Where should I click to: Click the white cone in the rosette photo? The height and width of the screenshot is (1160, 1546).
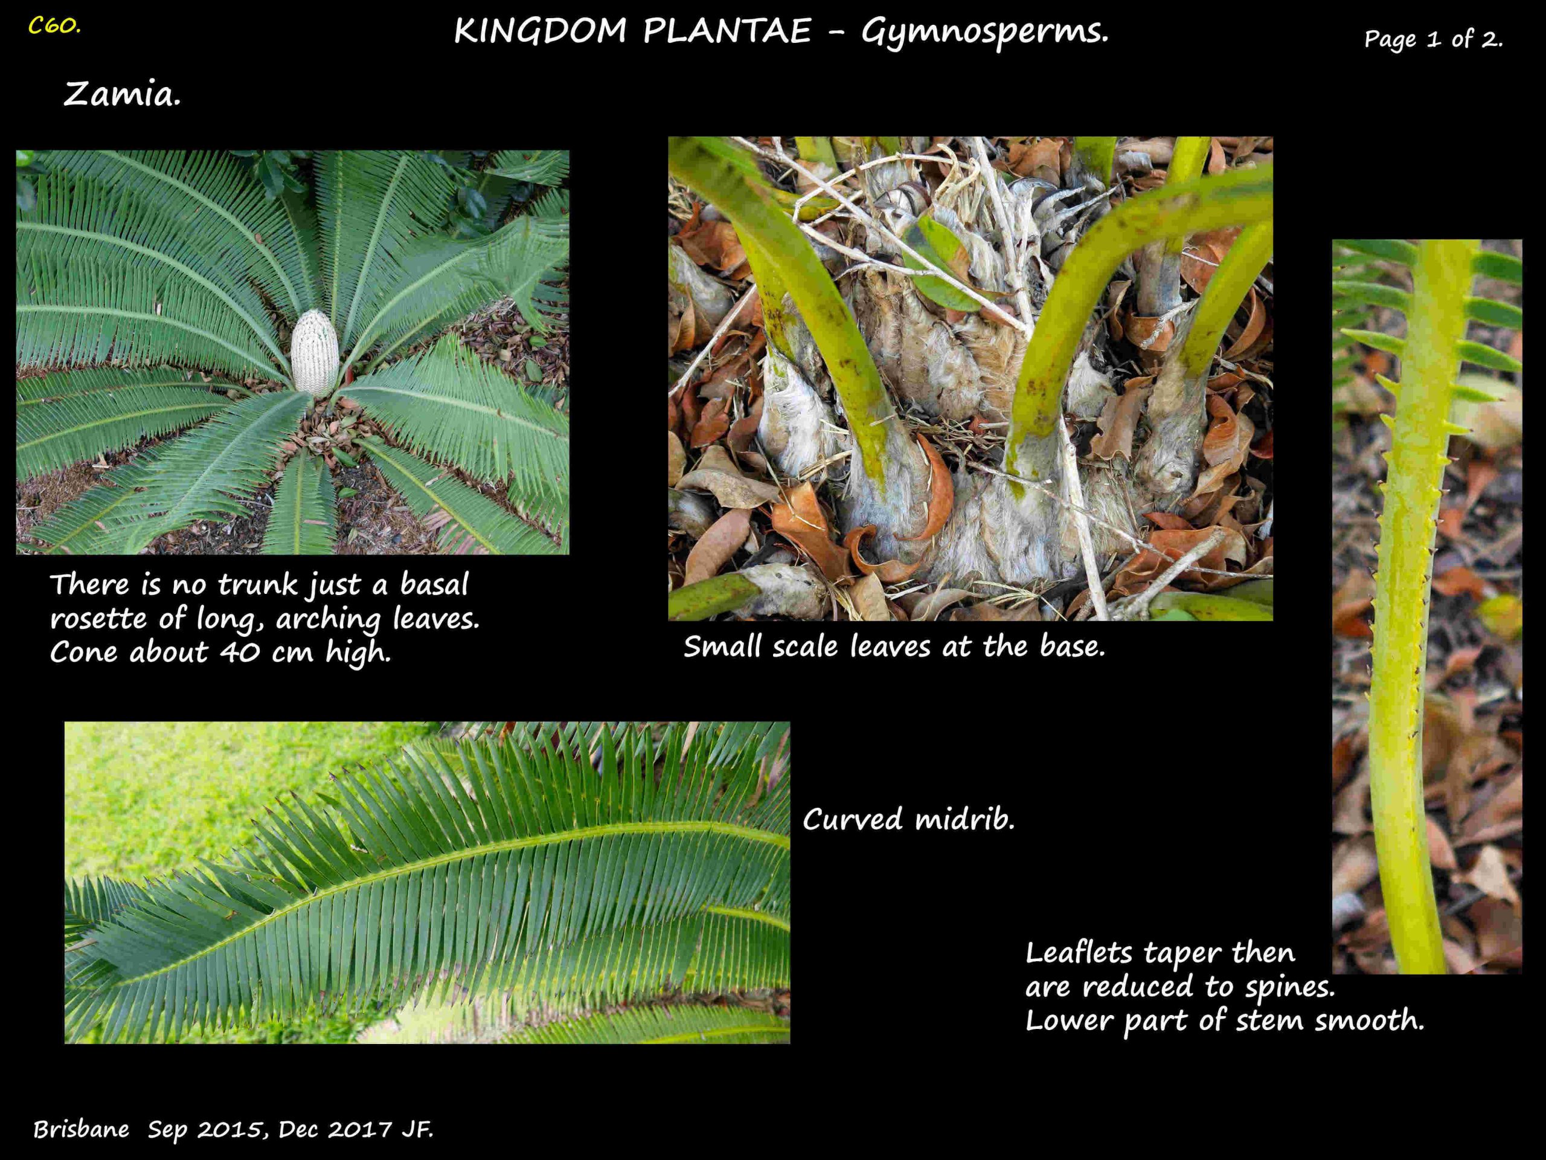point(315,352)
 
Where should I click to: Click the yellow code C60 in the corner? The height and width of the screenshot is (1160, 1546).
point(54,27)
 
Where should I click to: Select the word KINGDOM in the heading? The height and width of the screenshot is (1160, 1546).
point(540,31)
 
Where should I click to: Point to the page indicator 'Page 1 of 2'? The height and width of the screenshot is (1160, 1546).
point(1433,39)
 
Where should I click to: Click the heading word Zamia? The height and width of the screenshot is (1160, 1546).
point(123,94)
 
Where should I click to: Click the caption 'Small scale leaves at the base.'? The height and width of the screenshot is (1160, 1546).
point(894,647)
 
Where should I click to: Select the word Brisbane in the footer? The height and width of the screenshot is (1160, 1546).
point(82,1129)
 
